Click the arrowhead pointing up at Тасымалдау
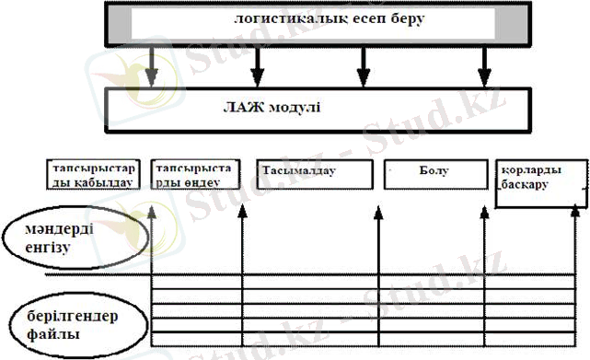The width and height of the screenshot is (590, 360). (x=378, y=215)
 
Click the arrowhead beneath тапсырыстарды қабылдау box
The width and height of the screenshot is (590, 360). (x=152, y=214)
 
